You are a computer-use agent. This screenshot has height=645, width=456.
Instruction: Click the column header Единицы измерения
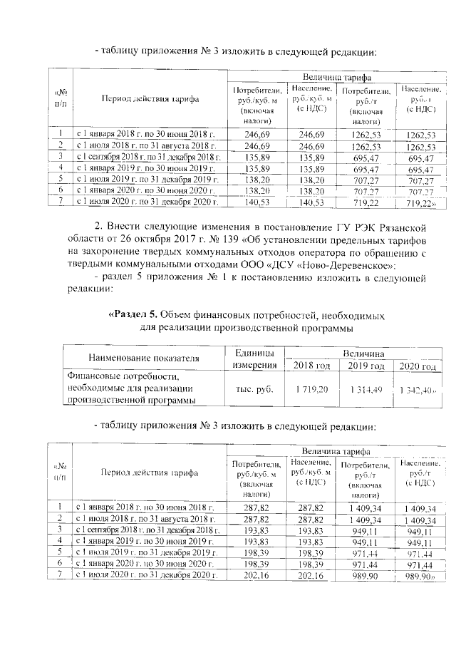point(254,359)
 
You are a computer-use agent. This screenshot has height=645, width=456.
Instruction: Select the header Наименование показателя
point(140,358)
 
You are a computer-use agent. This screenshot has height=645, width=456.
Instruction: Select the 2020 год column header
point(418,366)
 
